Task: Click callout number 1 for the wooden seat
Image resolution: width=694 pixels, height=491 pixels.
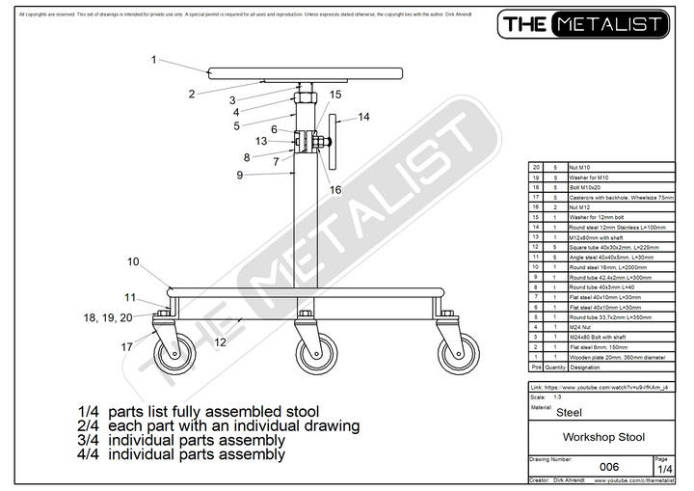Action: [153, 60]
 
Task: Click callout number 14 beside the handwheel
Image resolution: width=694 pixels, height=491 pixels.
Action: [363, 117]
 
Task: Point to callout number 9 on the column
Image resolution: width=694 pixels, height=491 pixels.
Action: [239, 175]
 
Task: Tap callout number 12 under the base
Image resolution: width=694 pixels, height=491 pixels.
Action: [220, 341]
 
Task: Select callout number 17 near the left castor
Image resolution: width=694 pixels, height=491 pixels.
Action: [125, 347]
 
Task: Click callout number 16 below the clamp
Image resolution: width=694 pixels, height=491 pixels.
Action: [335, 190]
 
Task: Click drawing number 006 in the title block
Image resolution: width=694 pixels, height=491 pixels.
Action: [608, 467]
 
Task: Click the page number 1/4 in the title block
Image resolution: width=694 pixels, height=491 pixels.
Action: [660, 469]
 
